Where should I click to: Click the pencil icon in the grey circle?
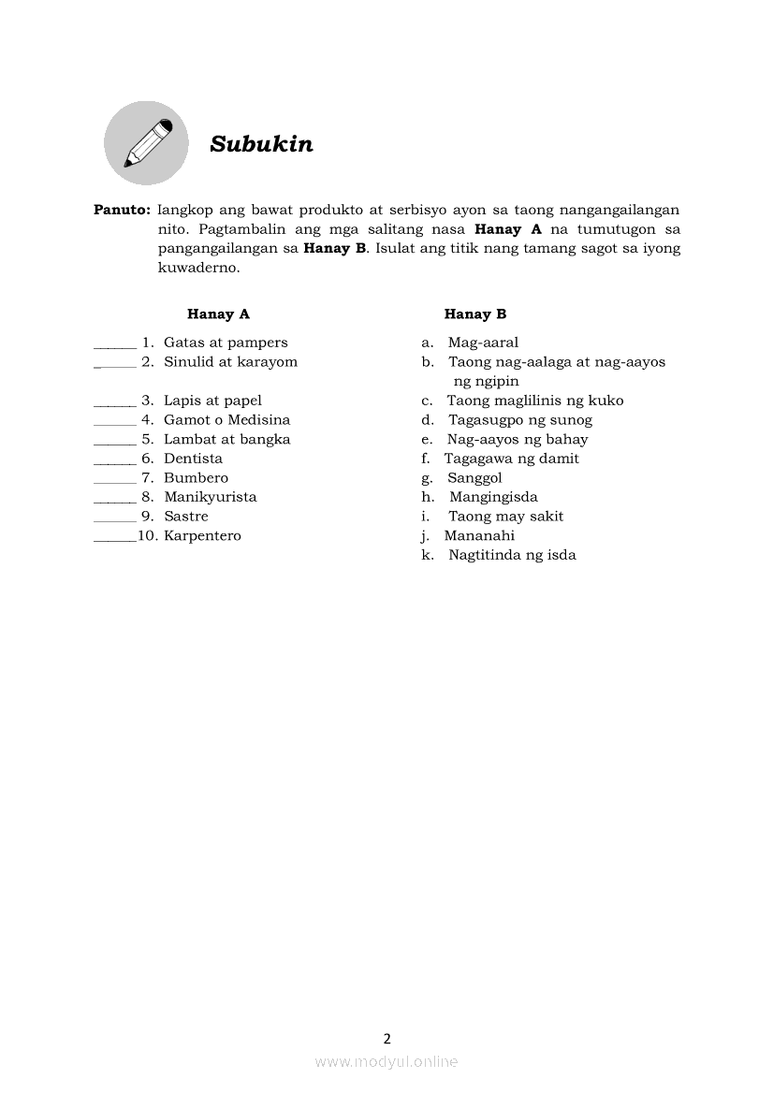click(147, 143)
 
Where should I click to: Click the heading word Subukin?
click(261, 144)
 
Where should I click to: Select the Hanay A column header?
click(218, 314)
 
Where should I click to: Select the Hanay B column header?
click(475, 314)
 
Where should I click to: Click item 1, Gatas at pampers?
click(226, 343)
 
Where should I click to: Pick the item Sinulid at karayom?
click(230, 362)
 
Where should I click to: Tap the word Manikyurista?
click(210, 497)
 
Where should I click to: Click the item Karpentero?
click(202, 536)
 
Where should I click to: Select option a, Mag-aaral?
click(482, 343)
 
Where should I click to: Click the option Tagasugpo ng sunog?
click(519, 420)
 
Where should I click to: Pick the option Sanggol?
click(474, 478)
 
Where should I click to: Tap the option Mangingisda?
click(493, 497)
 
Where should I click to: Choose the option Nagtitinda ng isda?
click(512, 555)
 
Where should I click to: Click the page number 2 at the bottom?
click(387, 1038)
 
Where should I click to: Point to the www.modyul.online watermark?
click(386, 1061)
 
